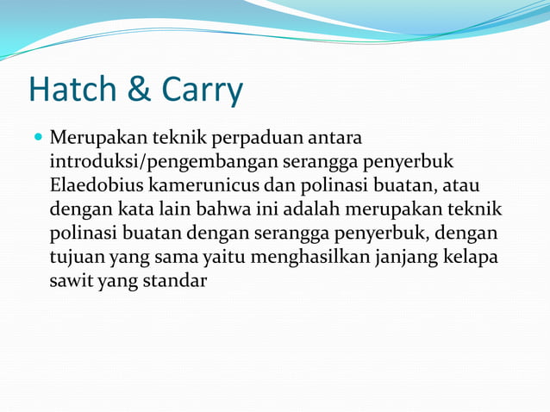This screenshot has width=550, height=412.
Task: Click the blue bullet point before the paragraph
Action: [38, 136]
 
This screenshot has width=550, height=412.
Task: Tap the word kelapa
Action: [476, 256]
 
